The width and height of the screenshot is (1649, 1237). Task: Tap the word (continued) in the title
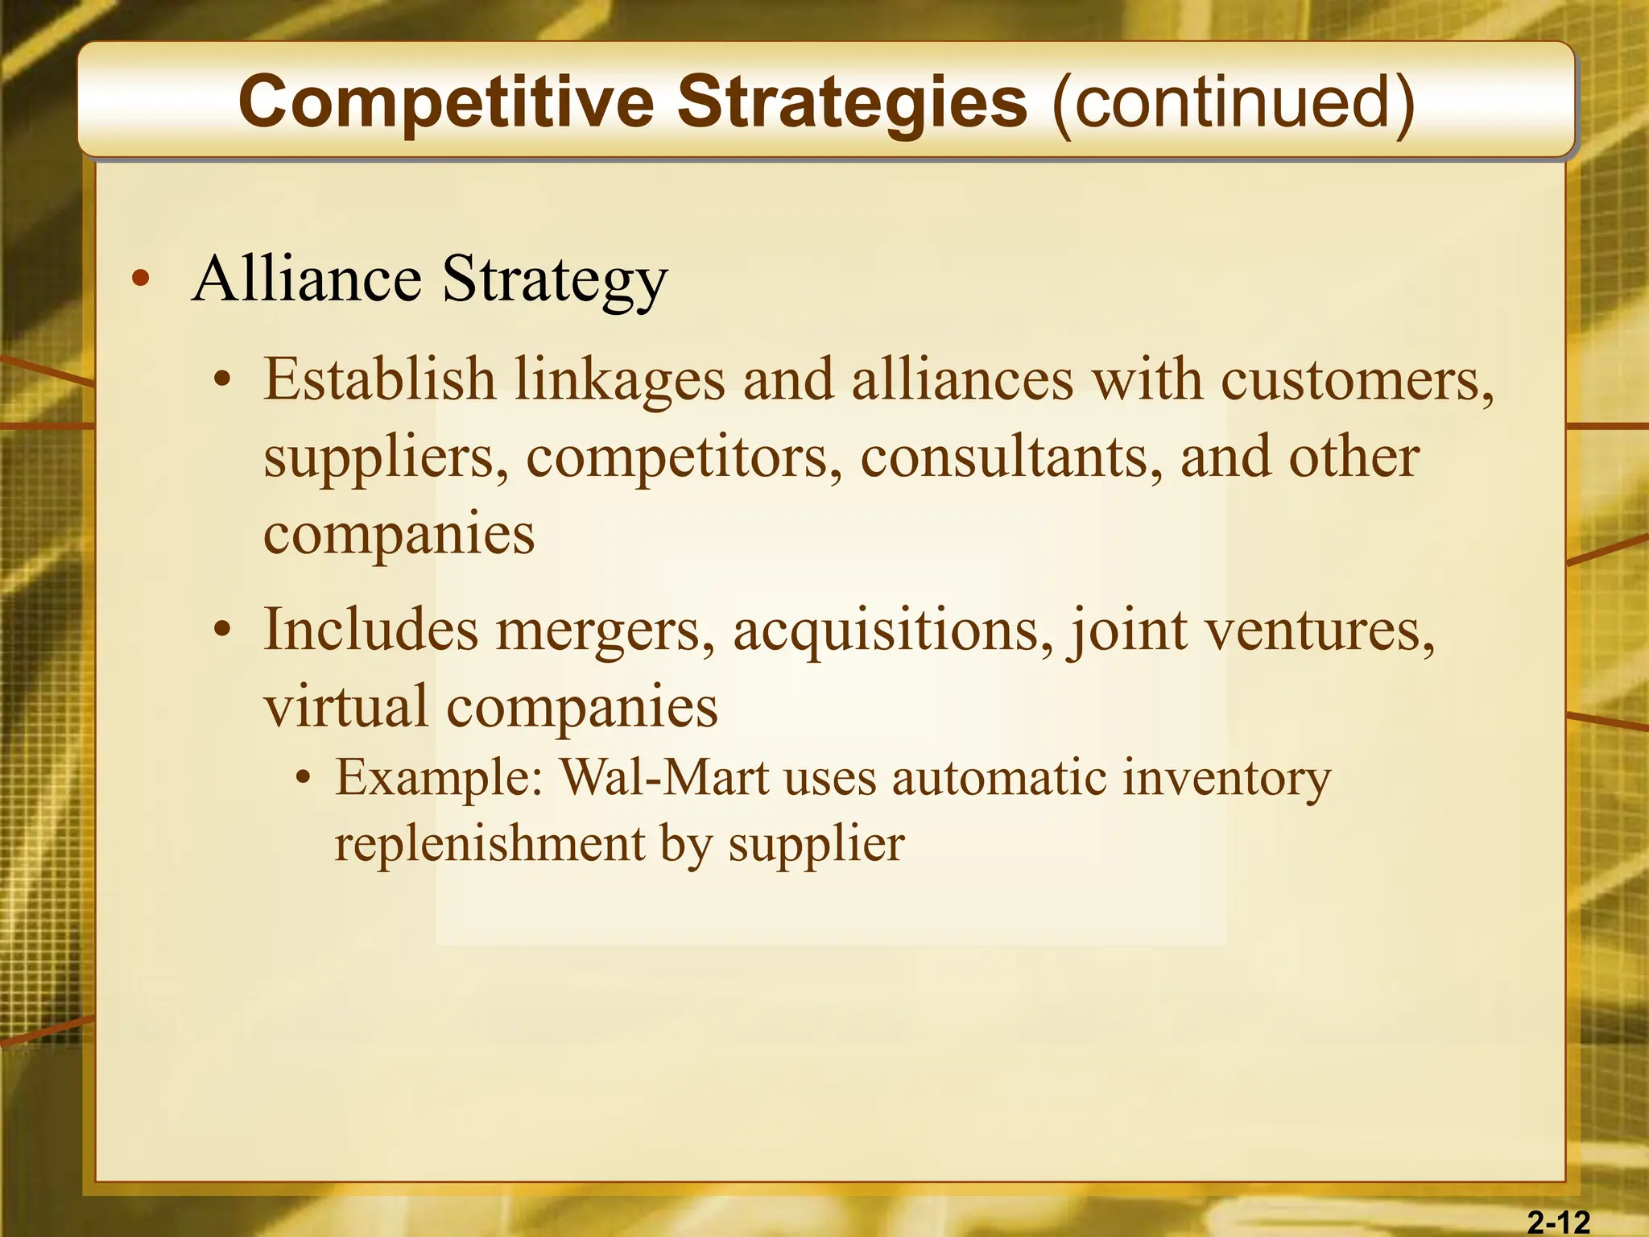click(x=1233, y=102)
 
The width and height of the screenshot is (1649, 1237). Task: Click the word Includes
click(x=371, y=629)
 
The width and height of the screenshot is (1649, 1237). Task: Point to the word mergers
click(x=605, y=631)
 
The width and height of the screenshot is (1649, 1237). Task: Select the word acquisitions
click(x=893, y=631)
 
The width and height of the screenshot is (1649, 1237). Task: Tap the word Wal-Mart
click(x=664, y=778)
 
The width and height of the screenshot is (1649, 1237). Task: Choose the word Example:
click(x=440, y=778)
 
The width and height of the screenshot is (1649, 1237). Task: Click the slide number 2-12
click(x=1559, y=1223)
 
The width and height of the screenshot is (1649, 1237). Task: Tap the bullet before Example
click(x=303, y=780)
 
